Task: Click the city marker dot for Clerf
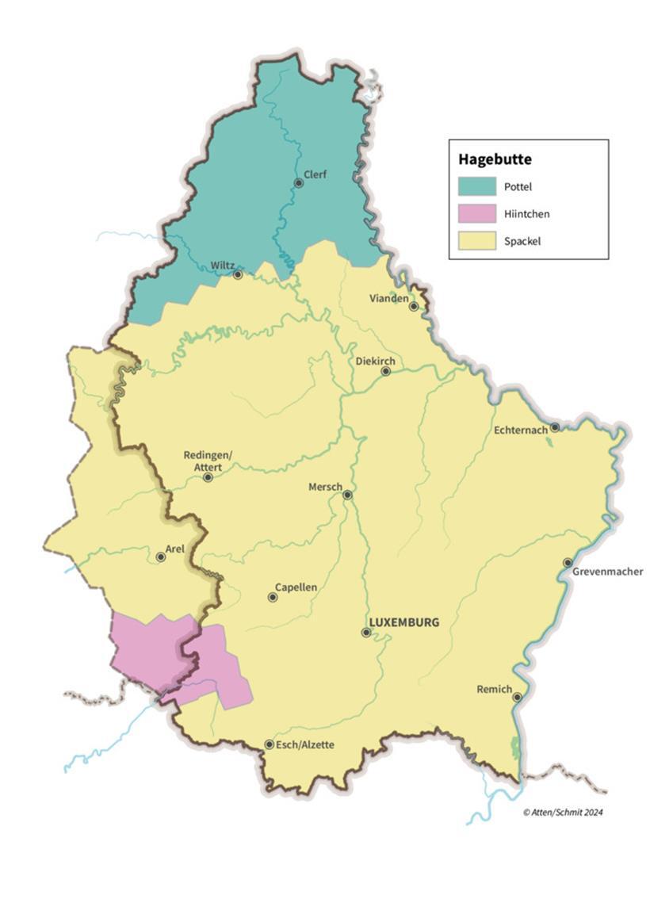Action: click(299, 183)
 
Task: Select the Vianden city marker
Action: click(414, 306)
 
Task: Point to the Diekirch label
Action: click(374, 361)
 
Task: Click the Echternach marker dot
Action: click(555, 427)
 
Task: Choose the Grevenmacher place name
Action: click(609, 572)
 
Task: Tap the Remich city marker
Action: click(517, 698)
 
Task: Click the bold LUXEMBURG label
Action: click(404, 622)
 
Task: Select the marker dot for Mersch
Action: click(347, 495)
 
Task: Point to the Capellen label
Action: click(296, 587)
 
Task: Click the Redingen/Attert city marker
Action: click(208, 477)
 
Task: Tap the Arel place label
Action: click(174, 548)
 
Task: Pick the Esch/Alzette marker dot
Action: click(270, 744)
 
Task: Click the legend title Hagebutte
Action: click(495, 159)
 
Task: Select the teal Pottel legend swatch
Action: click(476, 187)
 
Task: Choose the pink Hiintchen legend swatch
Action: click(476, 213)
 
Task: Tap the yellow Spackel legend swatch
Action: click(476, 240)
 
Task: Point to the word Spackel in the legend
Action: click(522, 240)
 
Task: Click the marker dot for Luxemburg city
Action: click(366, 633)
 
